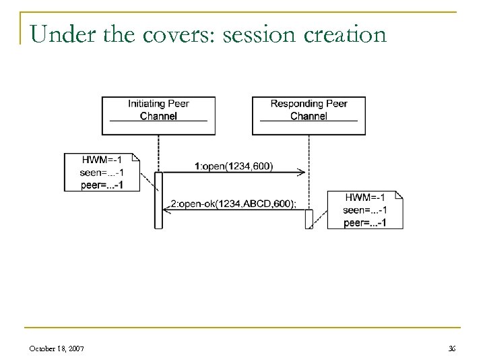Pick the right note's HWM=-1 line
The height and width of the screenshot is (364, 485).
tap(364, 197)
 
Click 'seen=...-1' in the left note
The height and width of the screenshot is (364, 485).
tap(102, 172)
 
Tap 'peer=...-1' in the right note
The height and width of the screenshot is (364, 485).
tap(364, 222)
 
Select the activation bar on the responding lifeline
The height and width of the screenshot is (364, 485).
tap(309, 218)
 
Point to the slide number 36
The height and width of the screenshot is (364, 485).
tap(451, 348)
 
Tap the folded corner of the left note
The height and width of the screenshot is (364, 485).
tap(136, 158)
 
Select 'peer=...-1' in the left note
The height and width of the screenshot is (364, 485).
tap(102, 184)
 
